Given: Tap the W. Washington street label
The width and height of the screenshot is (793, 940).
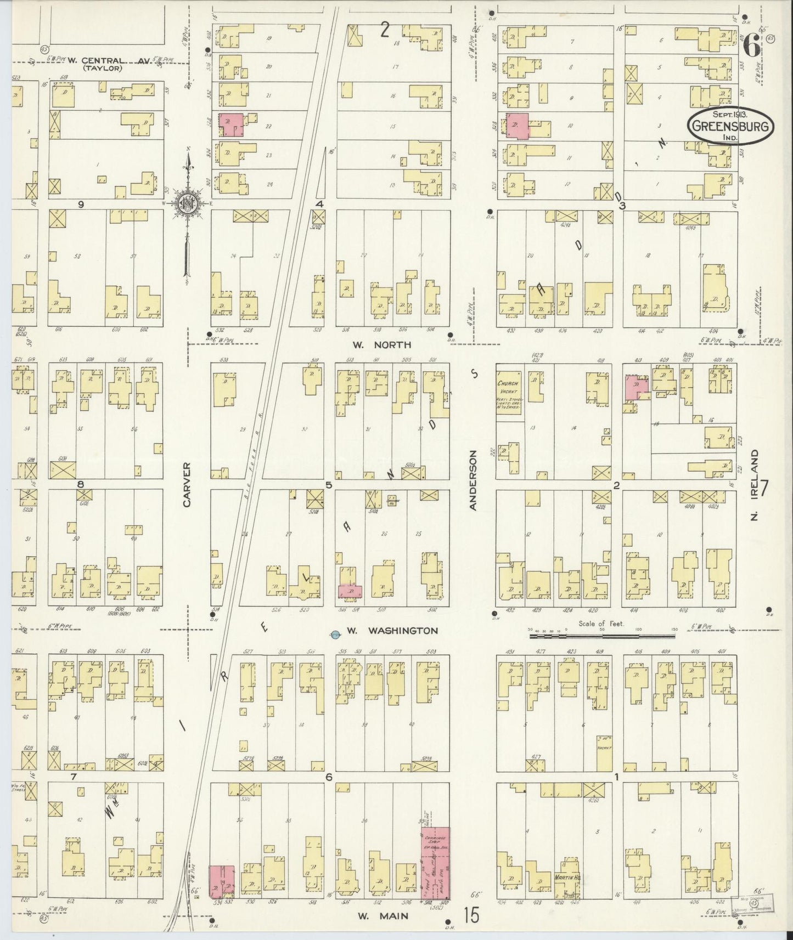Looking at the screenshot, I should (x=392, y=631).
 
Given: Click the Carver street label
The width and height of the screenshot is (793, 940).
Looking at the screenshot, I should (x=187, y=484).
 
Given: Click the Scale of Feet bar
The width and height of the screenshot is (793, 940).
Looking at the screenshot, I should (x=602, y=637).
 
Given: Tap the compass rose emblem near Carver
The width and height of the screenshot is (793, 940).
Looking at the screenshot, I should (x=188, y=203).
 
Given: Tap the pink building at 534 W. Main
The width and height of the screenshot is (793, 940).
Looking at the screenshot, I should (x=222, y=881).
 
